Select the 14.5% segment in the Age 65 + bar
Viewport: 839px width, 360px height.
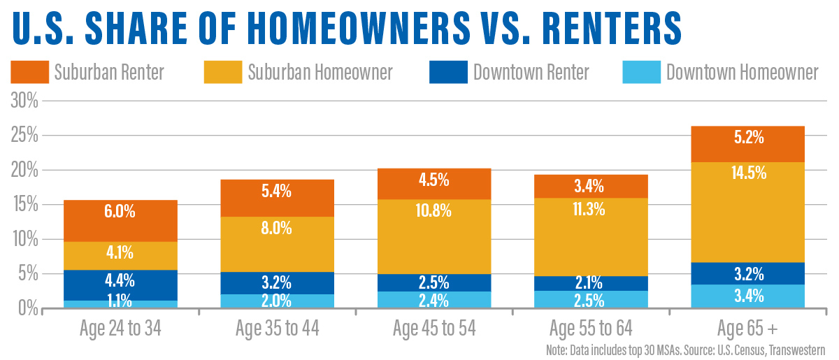click(x=747, y=172)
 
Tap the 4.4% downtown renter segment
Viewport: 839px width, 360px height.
click(x=120, y=281)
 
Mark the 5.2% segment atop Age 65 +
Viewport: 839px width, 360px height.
click(x=747, y=138)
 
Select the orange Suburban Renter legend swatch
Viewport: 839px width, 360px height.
click(x=29, y=72)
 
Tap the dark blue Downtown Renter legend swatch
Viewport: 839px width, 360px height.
click(x=447, y=72)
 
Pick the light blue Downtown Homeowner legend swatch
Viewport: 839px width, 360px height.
click(x=640, y=72)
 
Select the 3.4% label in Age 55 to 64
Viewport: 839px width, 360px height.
click(x=591, y=187)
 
